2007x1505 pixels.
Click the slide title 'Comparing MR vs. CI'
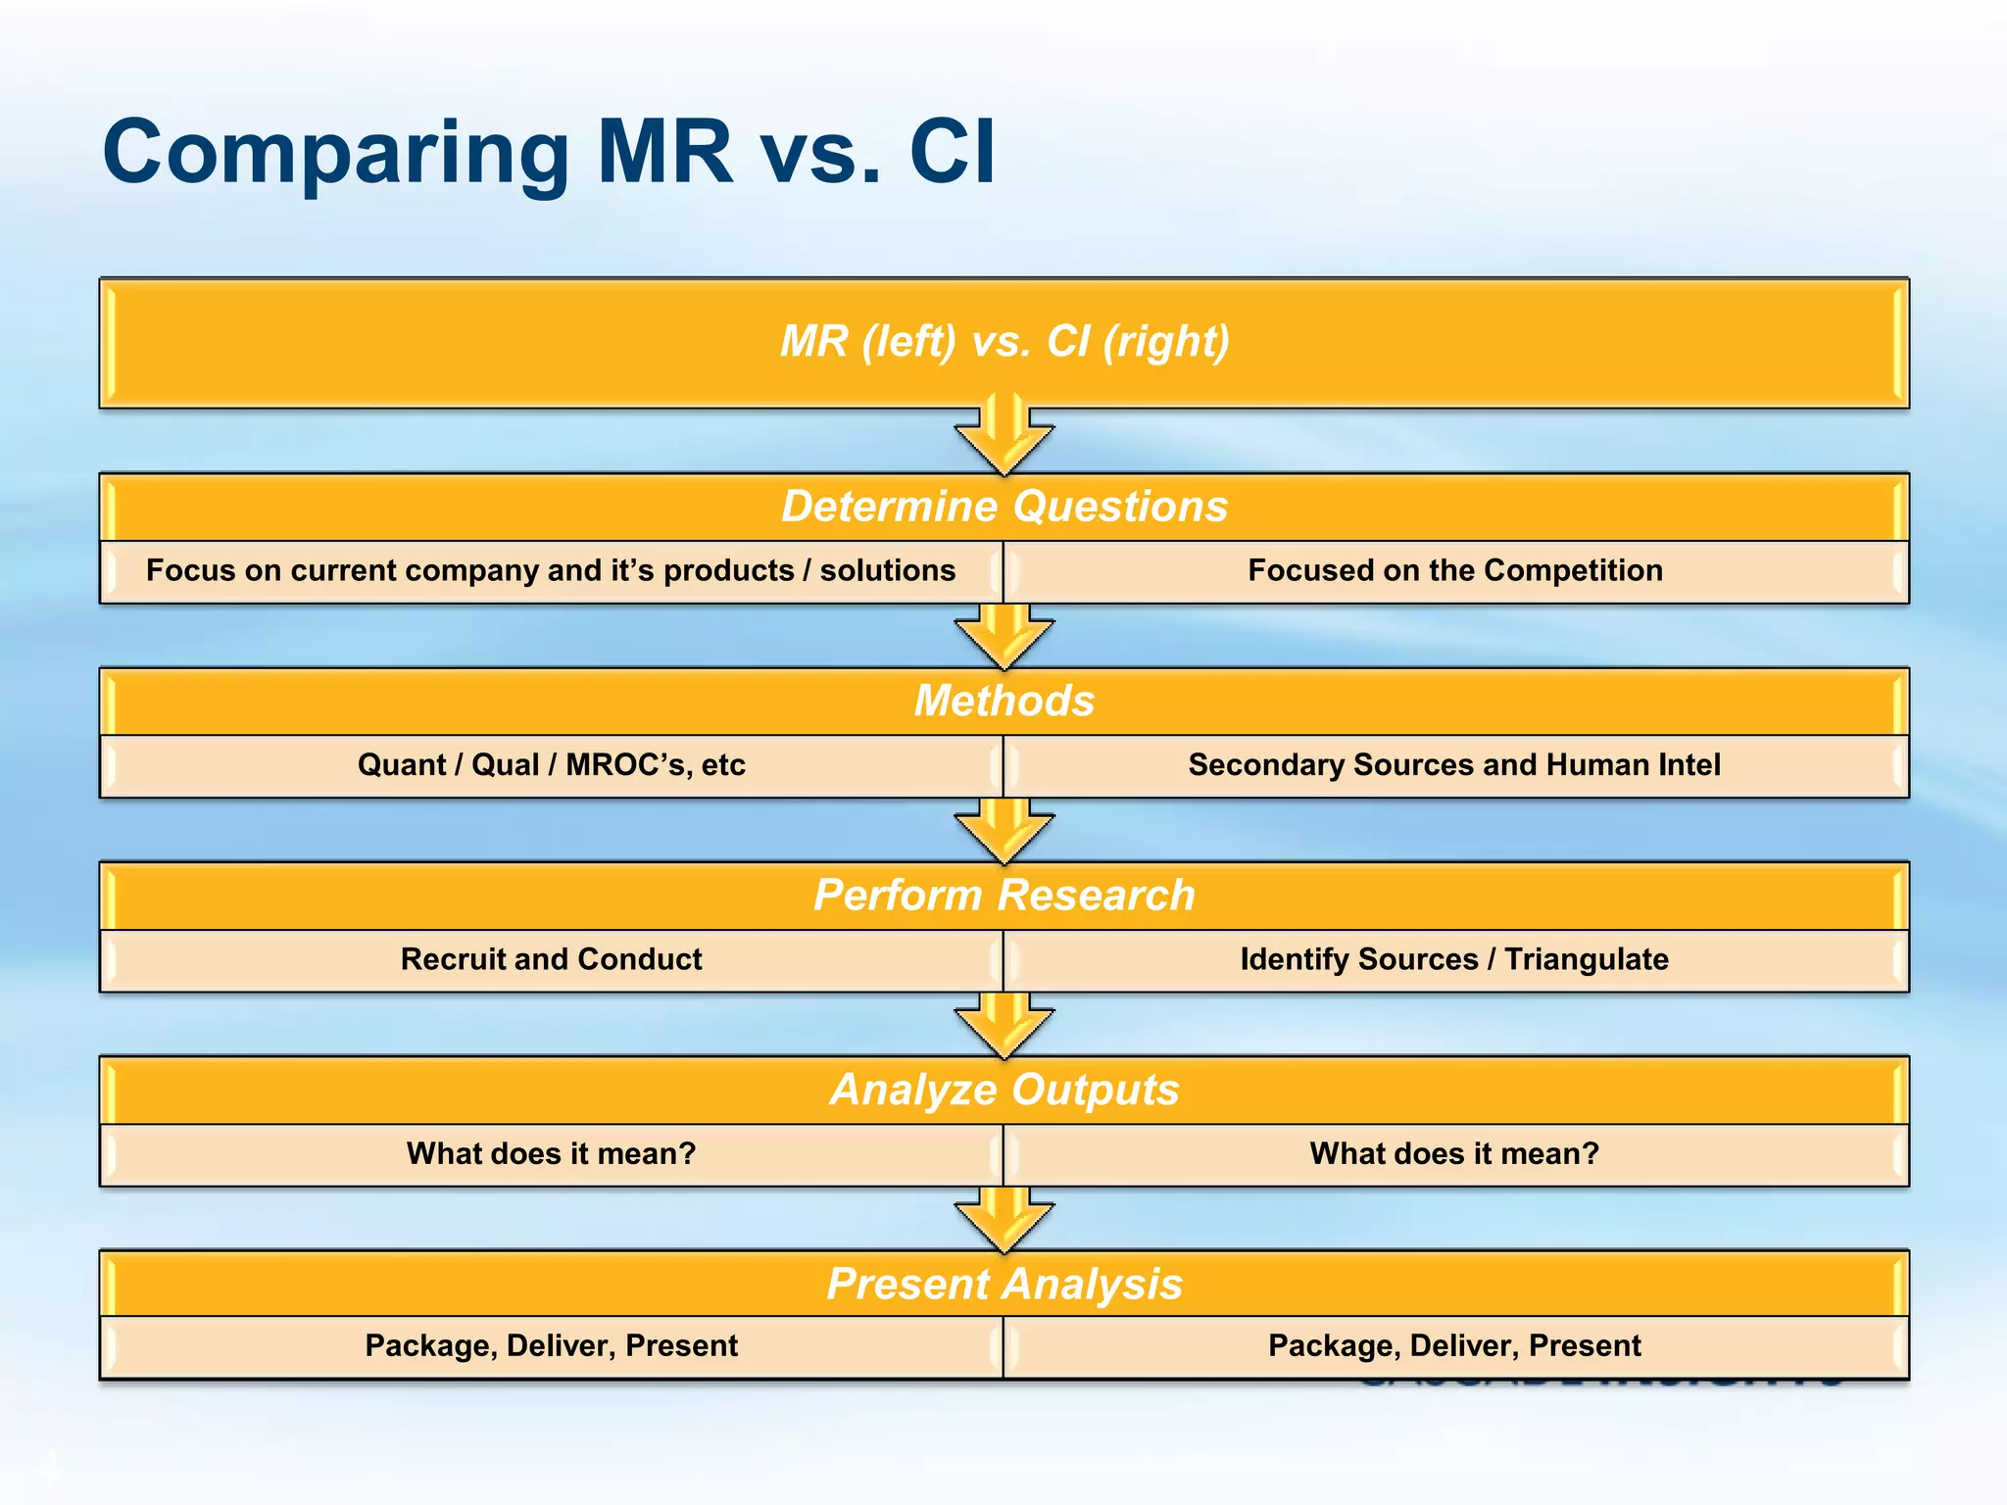coord(549,152)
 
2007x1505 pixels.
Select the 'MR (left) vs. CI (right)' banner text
coord(1004,341)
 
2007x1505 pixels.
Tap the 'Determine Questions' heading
coord(1004,507)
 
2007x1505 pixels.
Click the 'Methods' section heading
coord(1004,701)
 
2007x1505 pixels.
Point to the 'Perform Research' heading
coord(1004,895)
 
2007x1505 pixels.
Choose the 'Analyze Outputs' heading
coord(1004,1090)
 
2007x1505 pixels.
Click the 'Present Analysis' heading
coord(1004,1284)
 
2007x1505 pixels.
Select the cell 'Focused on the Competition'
coord(1455,570)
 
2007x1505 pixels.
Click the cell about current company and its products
coord(551,570)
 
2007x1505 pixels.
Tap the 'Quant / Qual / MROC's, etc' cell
coord(551,764)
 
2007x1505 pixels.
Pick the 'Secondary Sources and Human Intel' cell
coord(1455,764)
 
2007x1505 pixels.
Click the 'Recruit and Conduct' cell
coord(551,958)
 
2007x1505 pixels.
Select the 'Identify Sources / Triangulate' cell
coord(1455,958)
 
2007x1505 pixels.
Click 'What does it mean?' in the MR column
coord(551,1153)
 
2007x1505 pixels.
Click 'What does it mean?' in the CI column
coord(1455,1153)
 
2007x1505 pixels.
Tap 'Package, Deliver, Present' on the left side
coord(551,1345)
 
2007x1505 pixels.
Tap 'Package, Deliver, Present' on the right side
coord(1455,1345)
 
